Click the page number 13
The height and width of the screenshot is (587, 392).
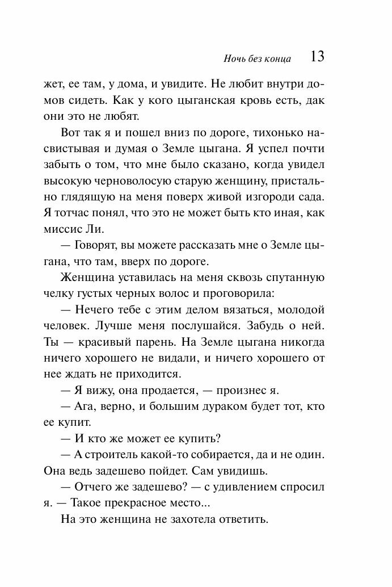[x=317, y=57]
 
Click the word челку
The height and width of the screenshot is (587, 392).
[x=57, y=293]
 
